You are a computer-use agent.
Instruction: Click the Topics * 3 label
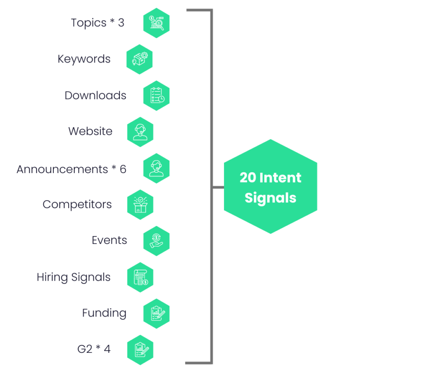(x=98, y=23)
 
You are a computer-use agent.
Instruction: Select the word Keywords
(x=84, y=59)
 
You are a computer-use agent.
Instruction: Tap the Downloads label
(x=95, y=95)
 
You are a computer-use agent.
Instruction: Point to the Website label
(x=90, y=131)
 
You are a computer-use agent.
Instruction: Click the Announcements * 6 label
(x=71, y=169)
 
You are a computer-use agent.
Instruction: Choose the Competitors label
(x=77, y=204)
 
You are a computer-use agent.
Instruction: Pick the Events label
(x=109, y=240)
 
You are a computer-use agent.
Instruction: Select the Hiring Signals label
(x=73, y=277)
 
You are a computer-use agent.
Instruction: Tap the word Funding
(x=104, y=313)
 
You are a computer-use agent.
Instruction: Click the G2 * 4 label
(x=94, y=349)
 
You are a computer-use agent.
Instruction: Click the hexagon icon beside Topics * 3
(x=156, y=23)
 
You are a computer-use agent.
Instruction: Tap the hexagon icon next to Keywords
(x=140, y=59)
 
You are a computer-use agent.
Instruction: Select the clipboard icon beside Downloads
(x=156, y=95)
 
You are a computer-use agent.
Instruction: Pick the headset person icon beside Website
(x=140, y=132)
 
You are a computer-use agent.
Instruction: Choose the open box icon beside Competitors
(x=140, y=204)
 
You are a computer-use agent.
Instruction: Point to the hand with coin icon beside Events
(x=156, y=241)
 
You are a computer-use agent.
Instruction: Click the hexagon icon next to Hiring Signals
(x=140, y=277)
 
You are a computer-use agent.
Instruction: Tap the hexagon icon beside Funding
(x=156, y=313)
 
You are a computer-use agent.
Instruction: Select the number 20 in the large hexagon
(x=248, y=178)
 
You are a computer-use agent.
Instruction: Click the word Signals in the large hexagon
(x=270, y=198)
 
